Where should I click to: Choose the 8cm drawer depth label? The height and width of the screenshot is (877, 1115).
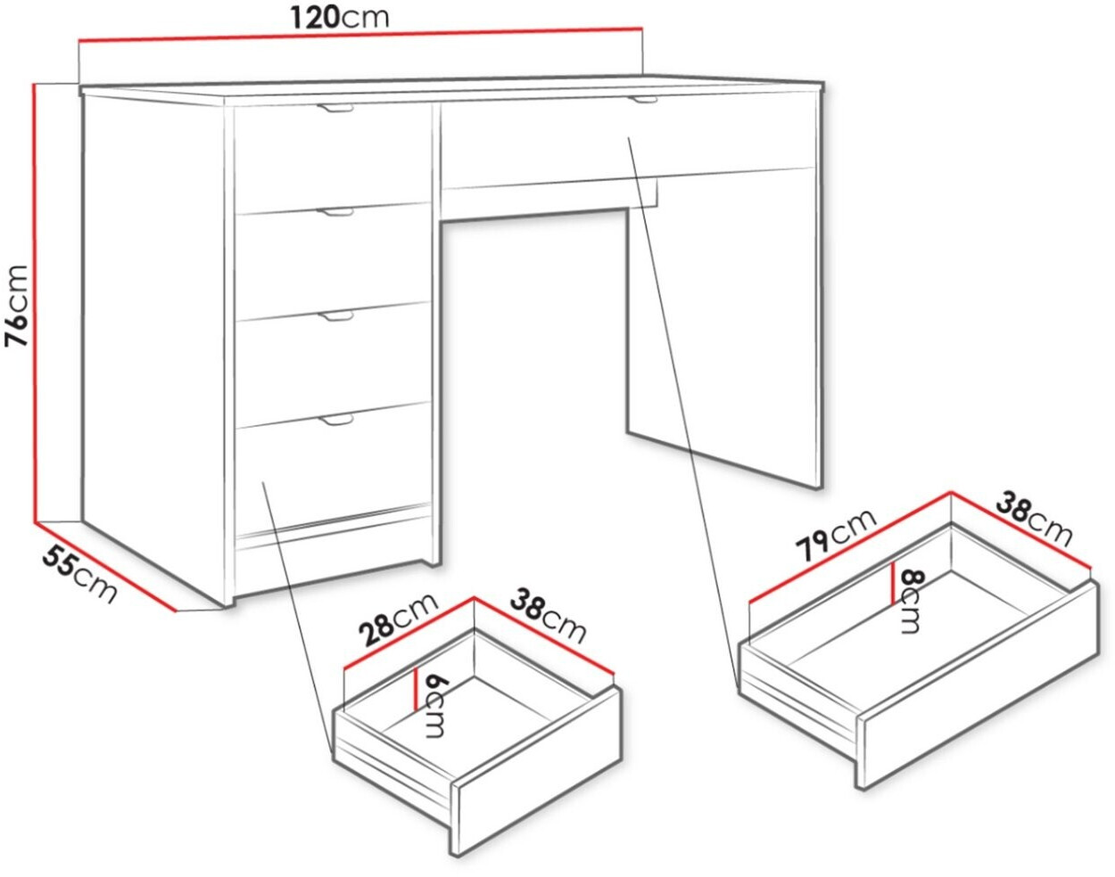908,602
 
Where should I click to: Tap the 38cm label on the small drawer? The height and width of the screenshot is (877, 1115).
549,619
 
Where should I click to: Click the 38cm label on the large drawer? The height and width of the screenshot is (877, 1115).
1034,521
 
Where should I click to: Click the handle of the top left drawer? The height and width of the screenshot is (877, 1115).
335,108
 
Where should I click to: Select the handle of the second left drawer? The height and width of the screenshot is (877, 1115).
335,212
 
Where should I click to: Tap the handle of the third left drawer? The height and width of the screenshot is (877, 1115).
335,316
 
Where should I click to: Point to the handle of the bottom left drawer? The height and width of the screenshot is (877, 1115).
335,420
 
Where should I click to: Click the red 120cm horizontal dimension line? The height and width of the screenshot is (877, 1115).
360,33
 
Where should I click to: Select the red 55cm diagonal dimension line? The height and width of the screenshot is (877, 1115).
105,568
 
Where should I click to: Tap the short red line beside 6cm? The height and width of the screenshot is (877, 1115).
416,689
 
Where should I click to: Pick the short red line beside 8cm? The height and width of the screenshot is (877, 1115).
892,583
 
